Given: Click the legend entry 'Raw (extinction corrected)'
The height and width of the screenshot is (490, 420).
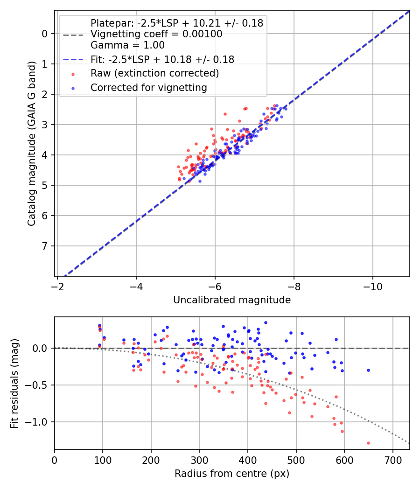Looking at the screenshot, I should click(154, 73).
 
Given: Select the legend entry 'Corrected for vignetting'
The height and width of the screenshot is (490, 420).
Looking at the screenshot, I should click(148, 87).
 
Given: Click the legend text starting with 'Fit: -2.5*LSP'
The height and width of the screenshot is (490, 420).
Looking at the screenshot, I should click(162, 59).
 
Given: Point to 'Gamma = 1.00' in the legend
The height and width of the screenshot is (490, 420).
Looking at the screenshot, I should click(127, 45).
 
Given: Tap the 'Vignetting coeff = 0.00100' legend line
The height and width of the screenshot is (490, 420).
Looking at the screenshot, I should click(156, 34).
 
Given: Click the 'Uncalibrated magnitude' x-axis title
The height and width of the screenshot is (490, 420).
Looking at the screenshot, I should click(232, 300).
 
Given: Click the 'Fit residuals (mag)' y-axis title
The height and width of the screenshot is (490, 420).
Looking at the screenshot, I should click(14, 384).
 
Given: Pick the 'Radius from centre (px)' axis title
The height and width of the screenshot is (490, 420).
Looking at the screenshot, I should click(232, 474).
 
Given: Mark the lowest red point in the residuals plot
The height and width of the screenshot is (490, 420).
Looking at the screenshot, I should click(368, 443).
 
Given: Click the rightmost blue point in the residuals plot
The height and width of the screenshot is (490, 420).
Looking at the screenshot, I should click(368, 370).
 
